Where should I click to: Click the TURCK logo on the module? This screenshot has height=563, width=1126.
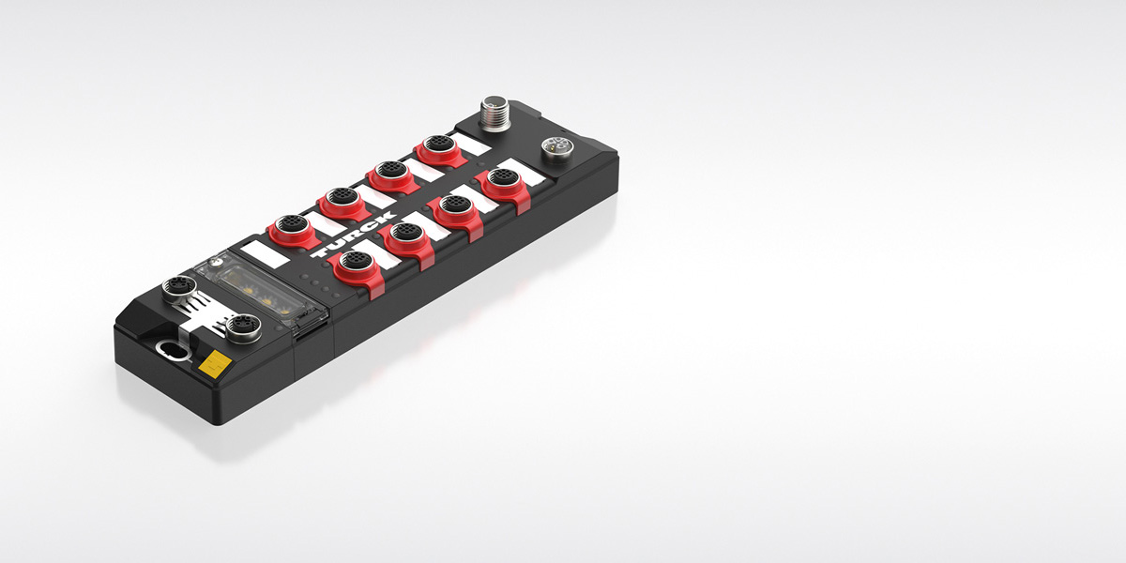[x=353, y=235]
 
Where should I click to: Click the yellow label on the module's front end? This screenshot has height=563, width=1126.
[x=215, y=364]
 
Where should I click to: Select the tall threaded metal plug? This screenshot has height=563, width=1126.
[x=495, y=114]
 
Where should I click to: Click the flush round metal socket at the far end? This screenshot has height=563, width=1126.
[x=557, y=150]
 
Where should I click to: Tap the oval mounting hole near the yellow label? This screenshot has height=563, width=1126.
[x=174, y=350]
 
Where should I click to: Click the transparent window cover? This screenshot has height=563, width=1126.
[x=261, y=292]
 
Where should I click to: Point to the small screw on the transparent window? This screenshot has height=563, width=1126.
[x=216, y=262]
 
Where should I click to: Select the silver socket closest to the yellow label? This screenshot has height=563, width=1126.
[x=243, y=327]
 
